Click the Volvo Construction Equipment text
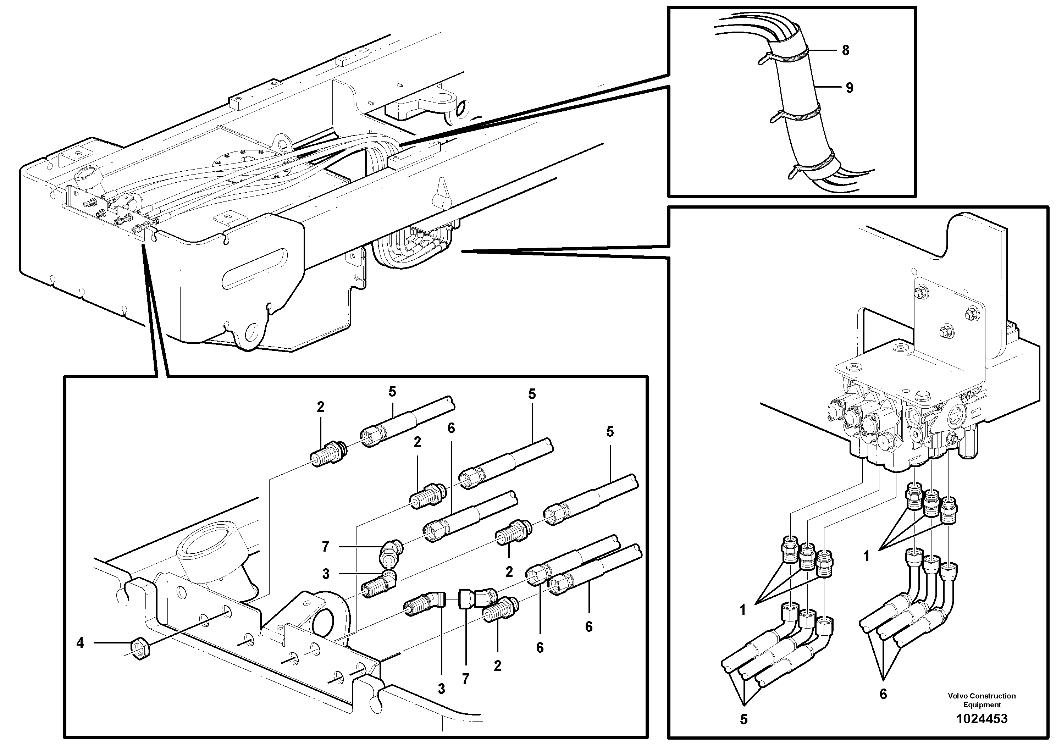[982, 700]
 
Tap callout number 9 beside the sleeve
[849, 88]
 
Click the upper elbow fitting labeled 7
[390, 550]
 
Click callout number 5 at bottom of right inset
[744, 719]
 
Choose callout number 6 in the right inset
[883, 694]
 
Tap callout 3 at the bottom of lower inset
[441, 689]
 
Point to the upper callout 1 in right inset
[867, 556]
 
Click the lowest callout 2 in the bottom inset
[497, 665]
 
